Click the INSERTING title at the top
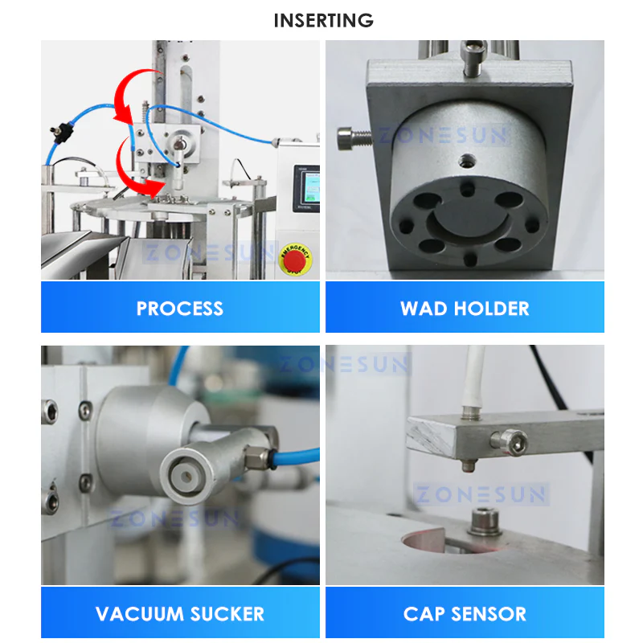[324, 21]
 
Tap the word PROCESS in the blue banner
[179, 309]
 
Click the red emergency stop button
[295, 260]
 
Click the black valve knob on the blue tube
[62, 132]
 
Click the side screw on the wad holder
[353, 138]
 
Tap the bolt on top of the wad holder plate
[474, 59]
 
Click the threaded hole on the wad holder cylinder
[467, 162]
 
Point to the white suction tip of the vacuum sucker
[186, 477]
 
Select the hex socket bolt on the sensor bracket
[509, 441]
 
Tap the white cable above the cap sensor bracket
[474, 376]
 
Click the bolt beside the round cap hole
[485, 521]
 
